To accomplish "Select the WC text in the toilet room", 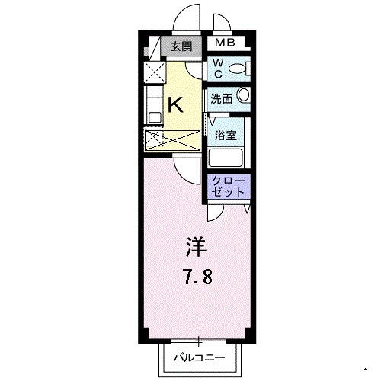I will pyautogui.click(x=218, y=69).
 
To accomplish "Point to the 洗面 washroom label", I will pyautogui.click(x=221, y=98).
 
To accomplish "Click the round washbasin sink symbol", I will pyautogui.click(x=243, y=96).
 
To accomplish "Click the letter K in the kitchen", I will pyautogui.click(x=174, y=103).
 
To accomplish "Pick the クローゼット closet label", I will pyautogui.click(x=226, y=187).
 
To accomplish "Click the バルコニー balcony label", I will pyautogui.click(x=199, y=356).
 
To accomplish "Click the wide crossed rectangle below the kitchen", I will pyautogui.click(x=172, y=140).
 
